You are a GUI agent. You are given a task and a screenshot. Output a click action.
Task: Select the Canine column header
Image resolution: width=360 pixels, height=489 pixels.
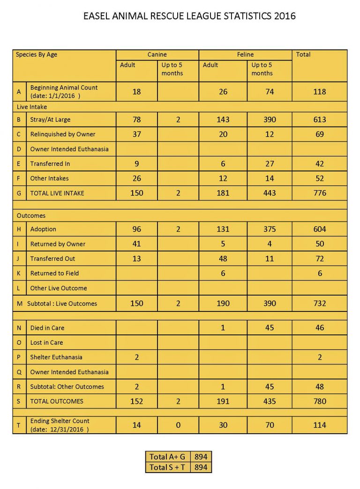click(x=157, y=55)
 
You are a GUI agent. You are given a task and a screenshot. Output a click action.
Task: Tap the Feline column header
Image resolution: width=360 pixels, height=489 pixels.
click(x=245, y=55)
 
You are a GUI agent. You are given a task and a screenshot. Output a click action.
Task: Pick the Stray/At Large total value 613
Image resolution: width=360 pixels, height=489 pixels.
click(x=319, y=119)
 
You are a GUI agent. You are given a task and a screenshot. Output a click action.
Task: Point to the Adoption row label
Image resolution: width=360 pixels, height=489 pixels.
click(x=43, y=229)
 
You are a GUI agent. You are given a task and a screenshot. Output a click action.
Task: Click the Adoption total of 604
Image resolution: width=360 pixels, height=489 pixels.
click(x=319, y=229)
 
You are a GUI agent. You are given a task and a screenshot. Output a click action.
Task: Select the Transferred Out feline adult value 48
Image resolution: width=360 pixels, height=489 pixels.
click(x=223, y=259)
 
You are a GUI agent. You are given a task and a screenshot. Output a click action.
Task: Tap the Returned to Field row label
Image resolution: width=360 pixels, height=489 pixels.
click(x=54, y=273)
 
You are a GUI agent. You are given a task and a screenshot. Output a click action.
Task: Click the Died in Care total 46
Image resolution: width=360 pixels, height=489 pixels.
click(x=319, y=328)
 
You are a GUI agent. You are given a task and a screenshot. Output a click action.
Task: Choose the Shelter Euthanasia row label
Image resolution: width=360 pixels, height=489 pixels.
click(x=56, y=357)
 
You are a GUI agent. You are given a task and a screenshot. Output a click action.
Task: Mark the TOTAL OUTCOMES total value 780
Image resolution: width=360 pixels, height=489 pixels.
click(x=319, y=401)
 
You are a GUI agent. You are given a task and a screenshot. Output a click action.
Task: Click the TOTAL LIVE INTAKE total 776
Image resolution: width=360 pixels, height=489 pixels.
click(x=319, y=193)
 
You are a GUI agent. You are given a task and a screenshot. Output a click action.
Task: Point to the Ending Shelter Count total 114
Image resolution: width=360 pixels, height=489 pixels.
click(x=319, y=425)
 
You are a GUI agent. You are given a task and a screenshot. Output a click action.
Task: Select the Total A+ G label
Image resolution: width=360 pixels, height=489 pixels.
click(x=167, y=457)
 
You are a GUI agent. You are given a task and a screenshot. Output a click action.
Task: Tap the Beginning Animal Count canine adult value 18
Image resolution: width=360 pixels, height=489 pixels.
click(x=136, y=92)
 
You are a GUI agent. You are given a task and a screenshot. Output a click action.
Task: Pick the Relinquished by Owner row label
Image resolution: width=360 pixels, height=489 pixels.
click(x=63, y=134)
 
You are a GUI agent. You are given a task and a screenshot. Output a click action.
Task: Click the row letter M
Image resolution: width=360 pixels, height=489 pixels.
click(x=19, y=304)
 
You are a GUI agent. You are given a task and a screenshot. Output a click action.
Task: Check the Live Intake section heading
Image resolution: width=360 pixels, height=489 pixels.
click(x=31, y=107)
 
